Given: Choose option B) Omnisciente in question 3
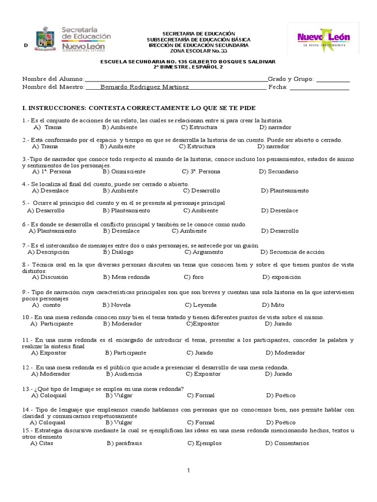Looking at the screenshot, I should tap(123, 172).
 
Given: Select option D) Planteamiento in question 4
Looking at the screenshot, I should tap(285, 190).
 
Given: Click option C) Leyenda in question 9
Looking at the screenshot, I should tap(202, 304).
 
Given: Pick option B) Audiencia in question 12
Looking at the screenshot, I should tap(124, 374).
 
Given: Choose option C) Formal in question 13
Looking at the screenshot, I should tap(200, 395).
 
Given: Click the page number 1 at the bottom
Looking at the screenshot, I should tap(188, 471).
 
